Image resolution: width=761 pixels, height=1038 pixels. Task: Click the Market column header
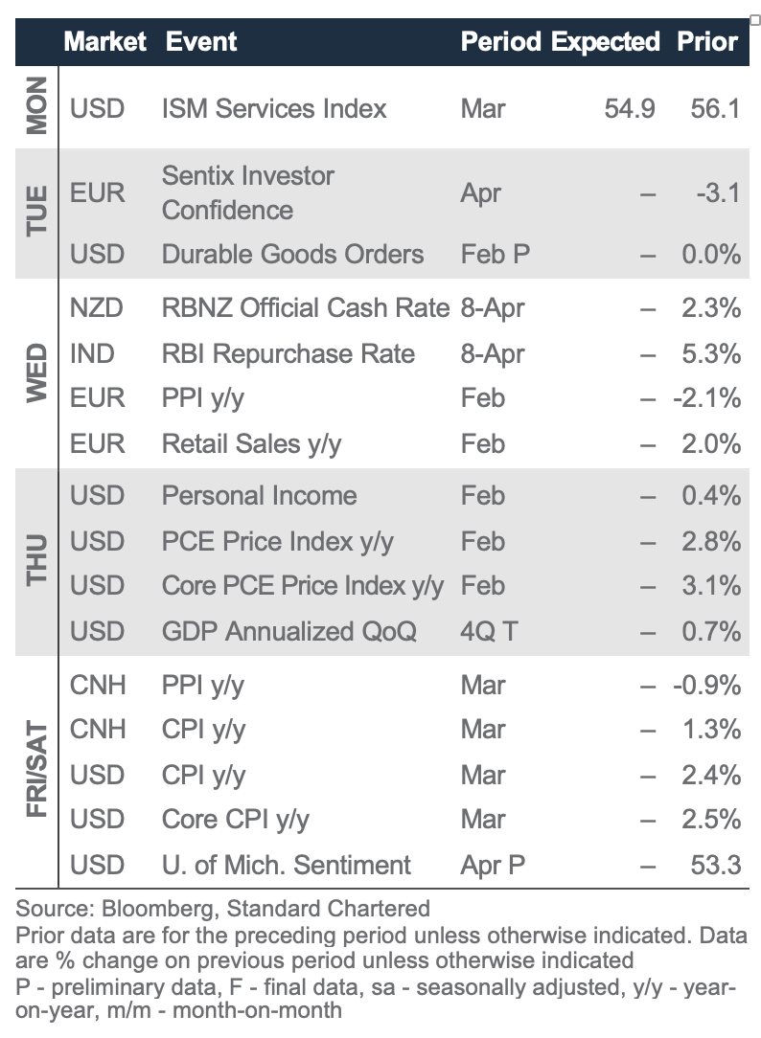[x=104, y=41]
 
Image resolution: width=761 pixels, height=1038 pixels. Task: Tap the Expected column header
[x=605, y=41]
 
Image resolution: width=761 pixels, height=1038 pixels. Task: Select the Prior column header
[x=707, y=41]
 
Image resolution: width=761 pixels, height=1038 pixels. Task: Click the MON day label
[x=36, y=108]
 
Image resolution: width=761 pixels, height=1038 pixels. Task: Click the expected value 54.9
[x=630, y=107]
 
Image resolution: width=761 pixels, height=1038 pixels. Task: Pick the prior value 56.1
[x=715, y=107]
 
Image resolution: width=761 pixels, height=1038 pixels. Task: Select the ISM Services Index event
[x=274, y=107]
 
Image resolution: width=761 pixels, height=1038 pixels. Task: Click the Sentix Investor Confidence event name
[x=248, y=192]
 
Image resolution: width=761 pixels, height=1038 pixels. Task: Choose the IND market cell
[x=92, y=353]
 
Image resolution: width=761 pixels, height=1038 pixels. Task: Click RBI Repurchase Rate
[x=288, y=353]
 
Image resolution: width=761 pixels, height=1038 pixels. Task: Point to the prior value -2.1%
[x=706, y=397]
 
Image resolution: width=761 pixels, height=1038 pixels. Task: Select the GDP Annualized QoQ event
[x=288, y=631]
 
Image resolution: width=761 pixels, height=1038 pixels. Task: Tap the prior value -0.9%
[x=706, y=685]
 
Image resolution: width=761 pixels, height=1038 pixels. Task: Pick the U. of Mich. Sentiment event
[x=286, y=865]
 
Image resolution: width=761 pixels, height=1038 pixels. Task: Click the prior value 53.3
[x=715, y=865]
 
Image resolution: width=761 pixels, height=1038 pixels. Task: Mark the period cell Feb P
[x=496, y=254]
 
